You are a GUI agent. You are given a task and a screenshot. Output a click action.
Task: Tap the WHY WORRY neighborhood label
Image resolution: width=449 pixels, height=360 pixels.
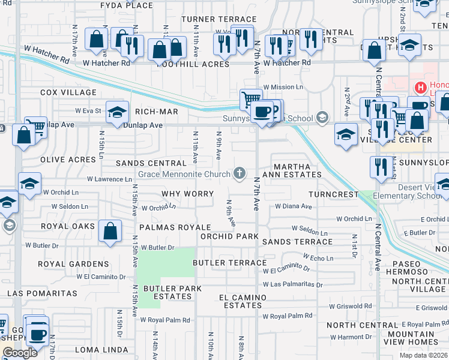click(x=188, y=194)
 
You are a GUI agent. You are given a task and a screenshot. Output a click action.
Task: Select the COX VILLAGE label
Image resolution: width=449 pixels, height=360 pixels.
click(x=68, y=92)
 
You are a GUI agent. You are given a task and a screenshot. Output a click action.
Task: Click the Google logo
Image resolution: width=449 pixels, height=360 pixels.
click(x=20, y=353)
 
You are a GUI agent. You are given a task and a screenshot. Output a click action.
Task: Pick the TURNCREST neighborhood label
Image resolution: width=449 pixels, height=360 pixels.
click(x=333, y=195)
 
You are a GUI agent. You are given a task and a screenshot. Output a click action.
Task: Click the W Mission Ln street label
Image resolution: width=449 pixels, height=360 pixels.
click(x=283, y=87)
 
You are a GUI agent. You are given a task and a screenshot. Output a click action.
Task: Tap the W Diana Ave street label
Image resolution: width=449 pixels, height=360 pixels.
click(x=294, y=206)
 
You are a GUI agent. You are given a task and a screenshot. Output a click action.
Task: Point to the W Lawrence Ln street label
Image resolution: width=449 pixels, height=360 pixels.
click(x=109, y=179)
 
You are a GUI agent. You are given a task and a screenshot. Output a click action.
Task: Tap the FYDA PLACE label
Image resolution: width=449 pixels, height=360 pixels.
click(x=127, y=5)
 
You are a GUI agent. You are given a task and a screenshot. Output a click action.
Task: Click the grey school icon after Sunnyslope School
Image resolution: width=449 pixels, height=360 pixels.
click(x=324, y=117)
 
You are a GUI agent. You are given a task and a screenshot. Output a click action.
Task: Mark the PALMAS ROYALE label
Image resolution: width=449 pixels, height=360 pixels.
click(x=175, y=227)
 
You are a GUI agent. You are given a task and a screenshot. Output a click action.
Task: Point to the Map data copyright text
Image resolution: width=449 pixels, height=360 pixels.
click(x=423, y=355)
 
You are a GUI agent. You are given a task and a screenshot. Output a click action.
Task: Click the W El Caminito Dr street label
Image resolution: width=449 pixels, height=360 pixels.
click(x=101, y=277)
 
